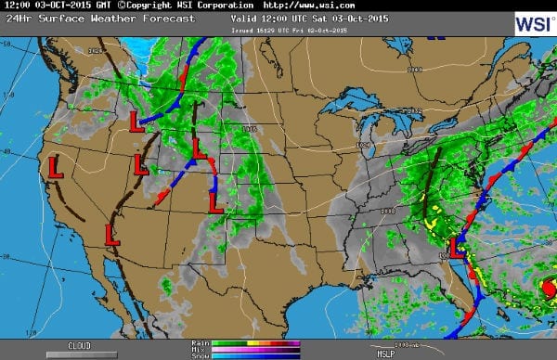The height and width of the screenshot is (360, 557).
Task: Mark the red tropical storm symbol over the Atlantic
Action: [x=549, y=289]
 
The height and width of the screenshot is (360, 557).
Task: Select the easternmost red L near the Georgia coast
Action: [x=456, y=247]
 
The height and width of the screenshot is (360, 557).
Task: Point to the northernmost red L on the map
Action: [x=135, y=120]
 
